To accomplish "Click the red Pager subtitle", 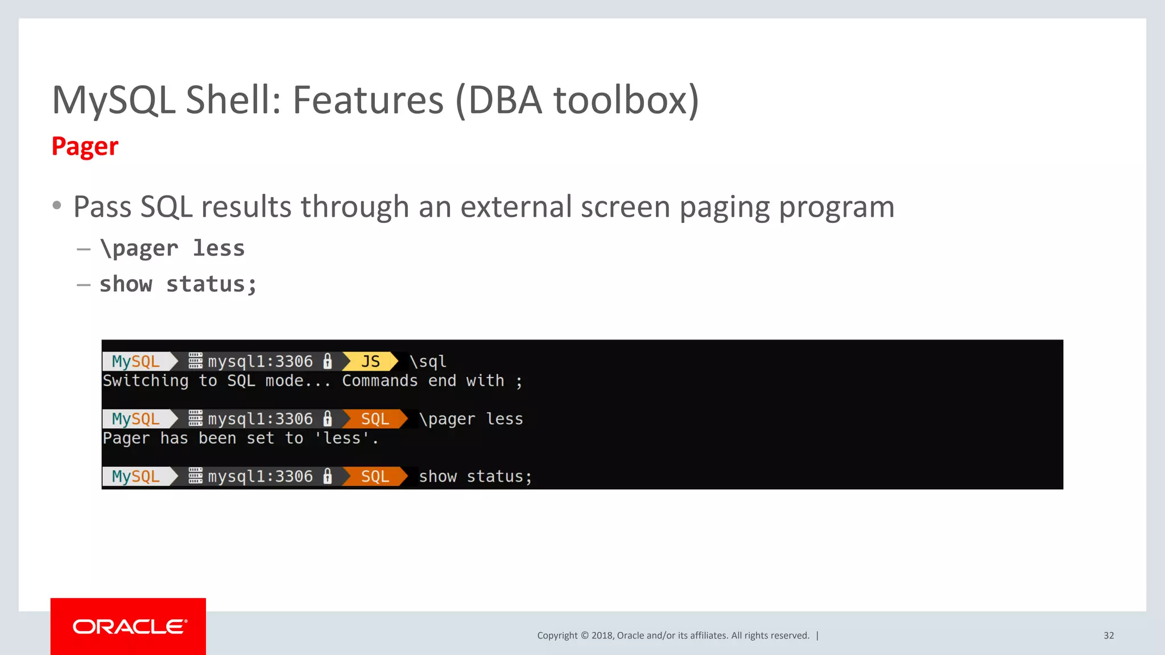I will point(85,147).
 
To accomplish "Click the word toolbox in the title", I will point(626,100).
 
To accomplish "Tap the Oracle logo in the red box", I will point(129,627).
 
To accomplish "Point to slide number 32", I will point(1108,636).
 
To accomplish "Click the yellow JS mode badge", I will point(370,362).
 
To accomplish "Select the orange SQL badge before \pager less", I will point(374,419).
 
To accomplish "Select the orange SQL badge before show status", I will point(374,476).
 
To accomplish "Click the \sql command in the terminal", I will point(428,362).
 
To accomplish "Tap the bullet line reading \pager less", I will point(172,248).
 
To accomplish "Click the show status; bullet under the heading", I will point(178,284).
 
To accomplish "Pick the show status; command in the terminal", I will point(475,476).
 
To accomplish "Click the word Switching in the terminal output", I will point(146,381).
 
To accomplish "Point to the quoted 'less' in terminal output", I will point(342,438).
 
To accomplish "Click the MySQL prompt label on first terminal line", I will point(135,362).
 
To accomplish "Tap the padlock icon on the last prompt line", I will point(328,476).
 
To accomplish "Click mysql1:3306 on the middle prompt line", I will point(260,419).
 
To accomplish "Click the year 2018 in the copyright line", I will point(602,636).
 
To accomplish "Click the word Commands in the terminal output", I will point(379,381).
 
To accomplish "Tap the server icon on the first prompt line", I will point(195,361).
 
